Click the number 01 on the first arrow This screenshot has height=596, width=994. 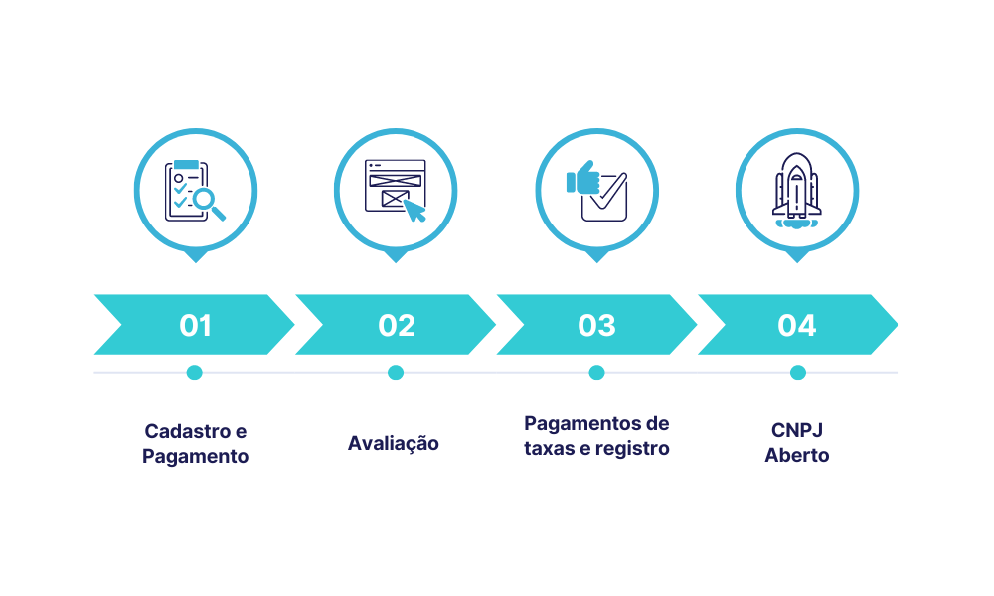point(195,325)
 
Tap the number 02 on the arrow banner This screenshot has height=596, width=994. point(397,325)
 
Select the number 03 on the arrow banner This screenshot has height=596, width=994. point(596,325)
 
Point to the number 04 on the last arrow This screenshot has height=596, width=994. point(797,325)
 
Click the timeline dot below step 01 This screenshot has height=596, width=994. point(195,372)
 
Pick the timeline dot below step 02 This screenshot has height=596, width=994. point(396,372)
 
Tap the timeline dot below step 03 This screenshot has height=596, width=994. point(596,372)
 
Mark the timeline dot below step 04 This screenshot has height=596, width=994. point(798,372)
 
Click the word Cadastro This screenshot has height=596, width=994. point(187,431)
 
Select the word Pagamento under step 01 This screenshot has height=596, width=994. point(195,457)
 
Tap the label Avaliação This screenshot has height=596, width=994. point(393,443)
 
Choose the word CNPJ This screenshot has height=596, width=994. point(797,430)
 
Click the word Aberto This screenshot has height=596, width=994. point(797,455)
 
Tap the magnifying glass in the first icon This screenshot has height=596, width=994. point(208,203)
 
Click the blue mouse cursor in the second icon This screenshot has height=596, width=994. point(414,211)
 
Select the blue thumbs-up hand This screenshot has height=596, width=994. point(582,177)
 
